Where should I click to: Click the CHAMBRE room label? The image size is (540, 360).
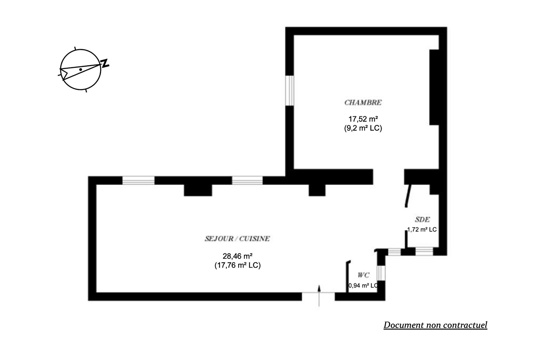click(363, 102)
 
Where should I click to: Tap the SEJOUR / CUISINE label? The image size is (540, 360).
click(237, 239)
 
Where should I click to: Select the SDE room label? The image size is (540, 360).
click(422, 219)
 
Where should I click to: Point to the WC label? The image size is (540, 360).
click(363, 275)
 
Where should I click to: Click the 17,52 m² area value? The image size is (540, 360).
click(363, 119)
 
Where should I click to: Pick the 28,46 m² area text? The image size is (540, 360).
click(237, 256)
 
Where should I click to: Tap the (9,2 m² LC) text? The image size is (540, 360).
click(363, 128)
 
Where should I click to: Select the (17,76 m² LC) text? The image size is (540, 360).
click(237, 265)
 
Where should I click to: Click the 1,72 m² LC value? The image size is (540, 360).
click(422, 229)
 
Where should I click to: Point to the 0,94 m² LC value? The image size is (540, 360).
click(363, 286)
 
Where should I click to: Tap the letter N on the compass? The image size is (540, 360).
click(105, 63)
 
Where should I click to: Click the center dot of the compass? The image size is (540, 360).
click(81, 69)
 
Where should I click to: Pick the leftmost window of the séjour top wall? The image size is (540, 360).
click(138, 180)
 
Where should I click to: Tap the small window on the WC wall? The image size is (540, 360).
click(381, 273)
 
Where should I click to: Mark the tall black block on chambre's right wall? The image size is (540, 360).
click(433, 87)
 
